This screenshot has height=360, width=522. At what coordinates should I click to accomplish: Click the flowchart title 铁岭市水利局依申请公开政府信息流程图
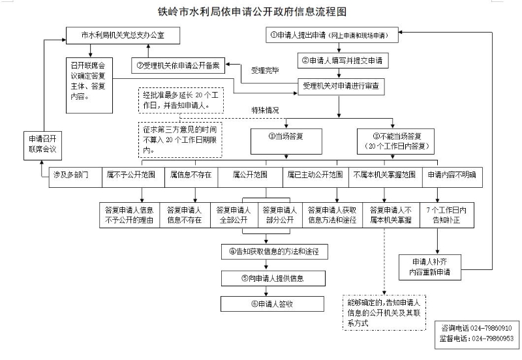pyautogui.click(x=261, y=11)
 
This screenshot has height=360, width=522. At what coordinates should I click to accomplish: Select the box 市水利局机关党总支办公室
pyautogui.click(x=122, y=36)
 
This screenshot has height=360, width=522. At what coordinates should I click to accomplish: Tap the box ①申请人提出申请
pyautogui.click(x=333, y=36)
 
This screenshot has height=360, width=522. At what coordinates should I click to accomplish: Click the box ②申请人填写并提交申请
pyautogui.click(x=342, y=61)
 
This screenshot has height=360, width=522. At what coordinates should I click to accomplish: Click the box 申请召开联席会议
pyautogui.click(x=44, y=144)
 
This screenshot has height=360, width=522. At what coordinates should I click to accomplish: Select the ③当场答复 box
pyautogui.click(x=286, y=137)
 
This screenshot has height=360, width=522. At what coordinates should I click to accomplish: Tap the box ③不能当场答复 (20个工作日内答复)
pyautogui.click(x=396, y=141)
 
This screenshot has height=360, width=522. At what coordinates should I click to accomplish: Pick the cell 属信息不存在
pyautogui.click(x=191, y=175)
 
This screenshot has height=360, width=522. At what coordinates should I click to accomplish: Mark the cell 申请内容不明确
pyautogui.click(x=451, y=175)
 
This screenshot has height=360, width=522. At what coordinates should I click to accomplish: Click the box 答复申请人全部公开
pyautogui.click(x=233, y=215)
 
